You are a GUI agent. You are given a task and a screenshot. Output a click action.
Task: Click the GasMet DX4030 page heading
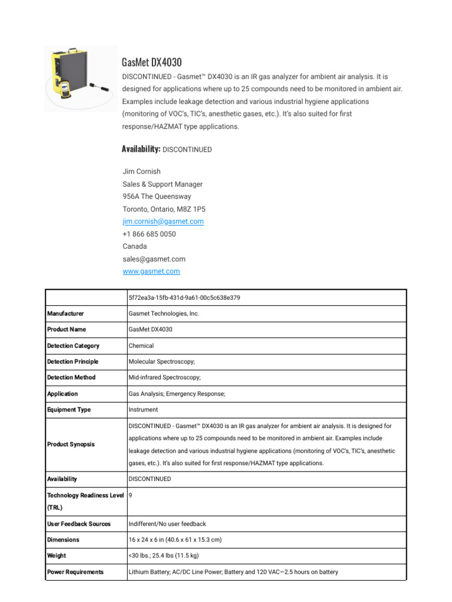point(151,62)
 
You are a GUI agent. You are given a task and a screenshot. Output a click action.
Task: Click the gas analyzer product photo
point(81,79)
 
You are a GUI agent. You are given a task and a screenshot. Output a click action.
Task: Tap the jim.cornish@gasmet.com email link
point(163,222)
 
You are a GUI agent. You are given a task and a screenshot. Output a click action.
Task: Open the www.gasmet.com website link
point(151,271)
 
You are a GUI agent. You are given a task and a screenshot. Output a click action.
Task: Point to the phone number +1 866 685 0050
point(149,234)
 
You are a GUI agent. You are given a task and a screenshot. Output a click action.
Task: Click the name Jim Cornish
point(141,172)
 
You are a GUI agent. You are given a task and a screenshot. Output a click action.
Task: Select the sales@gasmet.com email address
point(154,259)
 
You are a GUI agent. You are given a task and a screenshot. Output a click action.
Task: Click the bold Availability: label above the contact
point(141,149)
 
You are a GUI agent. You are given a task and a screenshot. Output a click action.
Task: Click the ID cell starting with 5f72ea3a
point(184,297)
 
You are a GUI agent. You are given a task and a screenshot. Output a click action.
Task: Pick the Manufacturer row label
point(65,314)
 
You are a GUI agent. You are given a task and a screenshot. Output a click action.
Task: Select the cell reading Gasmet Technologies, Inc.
point(164,314)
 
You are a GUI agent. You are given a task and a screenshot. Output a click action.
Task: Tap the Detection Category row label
point(73,346)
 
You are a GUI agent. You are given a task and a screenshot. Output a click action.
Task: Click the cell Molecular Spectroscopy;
point(162,362)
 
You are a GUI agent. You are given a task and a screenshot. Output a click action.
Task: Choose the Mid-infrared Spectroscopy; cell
point(165,377)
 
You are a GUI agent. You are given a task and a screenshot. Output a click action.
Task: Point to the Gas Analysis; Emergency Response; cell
point(177,394)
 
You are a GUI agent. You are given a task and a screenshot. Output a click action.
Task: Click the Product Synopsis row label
point(71,444)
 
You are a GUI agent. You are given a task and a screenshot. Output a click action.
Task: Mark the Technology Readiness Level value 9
point(131,496)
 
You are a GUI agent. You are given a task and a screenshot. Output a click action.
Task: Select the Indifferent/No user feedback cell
point(167,524)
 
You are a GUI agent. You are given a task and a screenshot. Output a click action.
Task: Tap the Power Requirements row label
point(75,571)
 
